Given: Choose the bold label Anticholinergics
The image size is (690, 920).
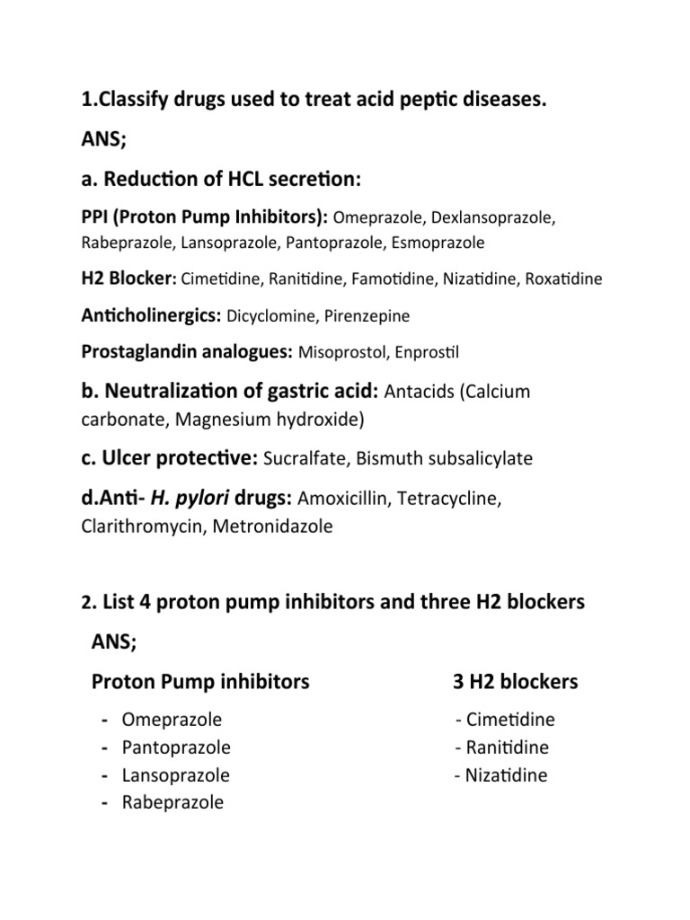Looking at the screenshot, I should pyautogui.click(x=152, y=315).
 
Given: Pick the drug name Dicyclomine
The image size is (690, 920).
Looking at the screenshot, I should pyautogui.click(x=270, y=316).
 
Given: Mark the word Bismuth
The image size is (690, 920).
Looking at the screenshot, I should pyautogui.click(x=386, y=459).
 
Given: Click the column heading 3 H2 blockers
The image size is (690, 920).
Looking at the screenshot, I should pyautogui.click(x=516, y=682).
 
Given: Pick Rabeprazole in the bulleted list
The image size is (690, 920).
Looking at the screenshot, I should pyautogui.click(x=172, y=802).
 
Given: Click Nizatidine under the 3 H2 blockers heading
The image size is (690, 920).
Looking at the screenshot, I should pyautogui.click(x=506, y=774).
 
